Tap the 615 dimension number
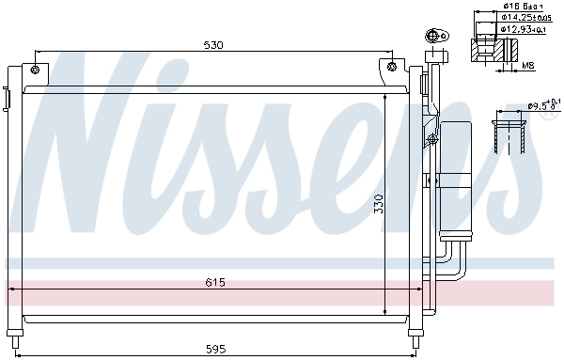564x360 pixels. click(217, 280)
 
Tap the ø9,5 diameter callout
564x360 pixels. click(542, 105)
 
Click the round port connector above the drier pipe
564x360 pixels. click(434, 38)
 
